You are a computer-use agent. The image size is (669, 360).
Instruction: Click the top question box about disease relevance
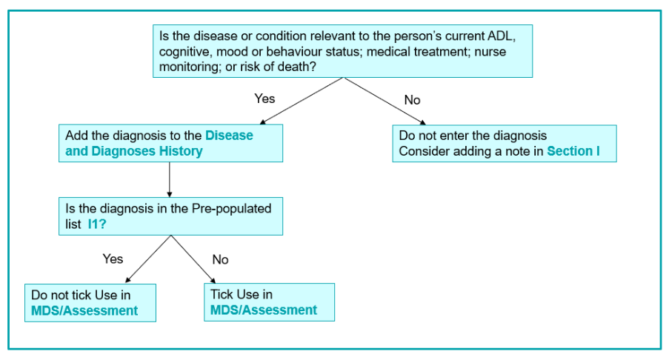pos(342,51)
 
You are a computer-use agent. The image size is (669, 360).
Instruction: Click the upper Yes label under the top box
pos(264,99)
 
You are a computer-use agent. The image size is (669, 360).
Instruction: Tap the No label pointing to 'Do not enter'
pos(412,100)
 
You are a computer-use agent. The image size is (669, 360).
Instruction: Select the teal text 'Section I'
pos(573,151)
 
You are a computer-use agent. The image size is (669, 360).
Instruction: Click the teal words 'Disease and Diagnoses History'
pos(159,143)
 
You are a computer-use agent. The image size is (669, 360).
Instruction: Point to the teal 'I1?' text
pos(97,224)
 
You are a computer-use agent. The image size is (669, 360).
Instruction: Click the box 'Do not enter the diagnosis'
pos(505,143)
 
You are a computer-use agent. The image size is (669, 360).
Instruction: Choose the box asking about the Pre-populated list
pos(170,216)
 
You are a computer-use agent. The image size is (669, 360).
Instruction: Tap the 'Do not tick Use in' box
pos(90,303)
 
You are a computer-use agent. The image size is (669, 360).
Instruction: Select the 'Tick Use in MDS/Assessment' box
pos(269,302)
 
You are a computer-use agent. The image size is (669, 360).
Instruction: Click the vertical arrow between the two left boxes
pos(170,179)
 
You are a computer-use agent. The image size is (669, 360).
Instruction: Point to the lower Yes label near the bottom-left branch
pos(113,259)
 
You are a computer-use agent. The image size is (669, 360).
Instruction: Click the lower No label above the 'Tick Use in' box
pos(220,259)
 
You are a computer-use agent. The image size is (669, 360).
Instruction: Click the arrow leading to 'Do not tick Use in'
pos(148,259)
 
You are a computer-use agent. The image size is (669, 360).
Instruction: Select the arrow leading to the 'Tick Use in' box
pos(193,259)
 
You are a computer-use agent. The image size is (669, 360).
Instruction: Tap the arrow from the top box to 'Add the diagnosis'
pos(302,101)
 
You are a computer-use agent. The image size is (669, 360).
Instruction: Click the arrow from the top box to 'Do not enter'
pos(385,101)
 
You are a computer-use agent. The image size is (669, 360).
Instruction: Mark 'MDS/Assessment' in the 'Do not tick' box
pos(84,310)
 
